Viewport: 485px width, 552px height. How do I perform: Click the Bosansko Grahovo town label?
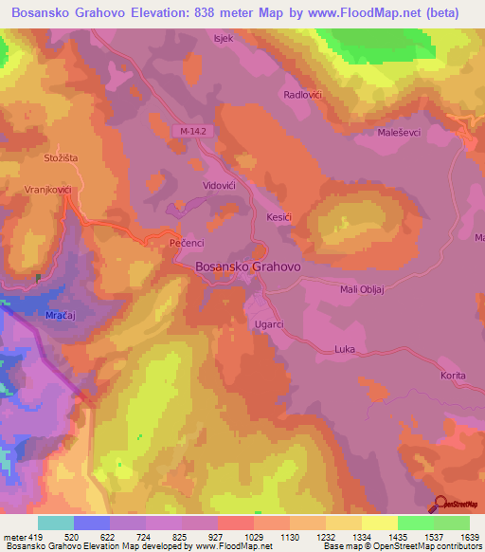247,267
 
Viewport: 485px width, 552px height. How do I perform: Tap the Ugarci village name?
270,324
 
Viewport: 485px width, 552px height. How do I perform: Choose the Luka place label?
344,350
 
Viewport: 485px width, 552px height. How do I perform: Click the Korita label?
453,376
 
